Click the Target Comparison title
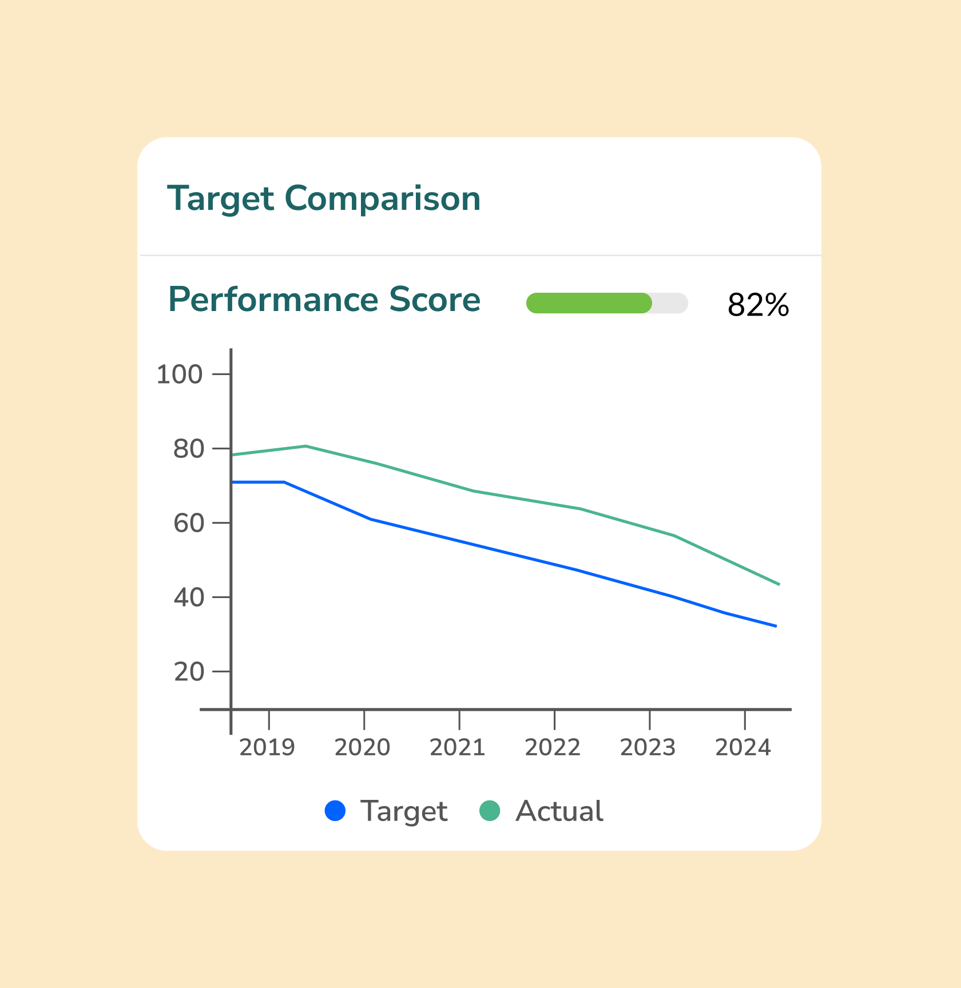pos(324,199)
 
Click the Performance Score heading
pos(324,300)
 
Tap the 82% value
pos(758,305)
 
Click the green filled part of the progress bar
pos(589,303)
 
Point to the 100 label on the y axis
pos(180,375)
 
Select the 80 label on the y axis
pos(188,449)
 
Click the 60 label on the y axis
pos(188,524)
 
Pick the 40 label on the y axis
pos(188,598)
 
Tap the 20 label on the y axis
pos(189,672)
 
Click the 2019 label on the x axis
pos(267,747)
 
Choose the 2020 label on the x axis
pos(362,747)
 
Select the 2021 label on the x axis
pos(458,747)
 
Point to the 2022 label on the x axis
pos(553,747)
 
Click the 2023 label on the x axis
pos(648,747)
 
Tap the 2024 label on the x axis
pos(743,747)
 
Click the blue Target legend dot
pos(335,811)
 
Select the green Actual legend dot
pos(490,811)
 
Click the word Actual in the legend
pos(559,811)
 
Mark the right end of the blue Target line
pos(776,626)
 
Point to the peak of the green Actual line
pos(306,446)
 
